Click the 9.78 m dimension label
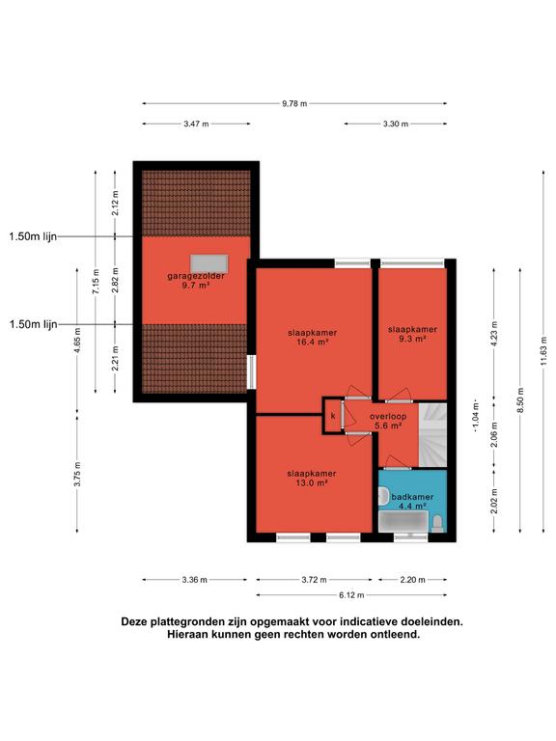tap(294, 103)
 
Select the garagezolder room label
tap(196, 276)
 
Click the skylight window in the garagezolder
tap(208, 263)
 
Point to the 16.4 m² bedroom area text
tap(313, 343)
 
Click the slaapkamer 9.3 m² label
tap(412, 334)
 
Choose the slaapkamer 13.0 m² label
tap(312, 478)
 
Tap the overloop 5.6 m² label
tap(388, 421)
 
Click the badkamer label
tap(412, 497)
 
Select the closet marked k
tap(333, 416)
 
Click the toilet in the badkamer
tap(438, 523)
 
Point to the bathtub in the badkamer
tap(403, 522)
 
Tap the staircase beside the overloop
tap(432, 435)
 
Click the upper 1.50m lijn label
tap(33, 236)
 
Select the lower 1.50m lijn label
tap(33, 324)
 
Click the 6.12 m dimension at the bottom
tap(351, 595)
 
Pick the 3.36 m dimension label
tap(194, 580)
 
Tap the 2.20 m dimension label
tap(412, 580)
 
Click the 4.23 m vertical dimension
tap(494, 334)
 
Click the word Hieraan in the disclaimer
tap(185, 635)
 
